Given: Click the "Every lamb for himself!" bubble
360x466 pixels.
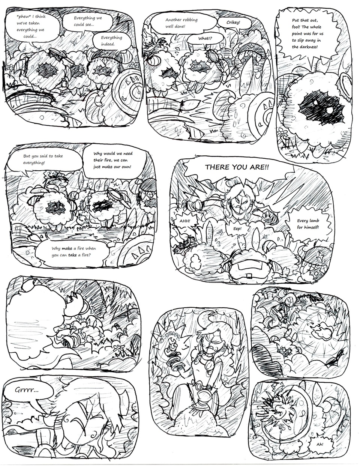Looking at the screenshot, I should tap(308, 224).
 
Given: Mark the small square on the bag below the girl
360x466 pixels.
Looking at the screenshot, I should tap(248, 276).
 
